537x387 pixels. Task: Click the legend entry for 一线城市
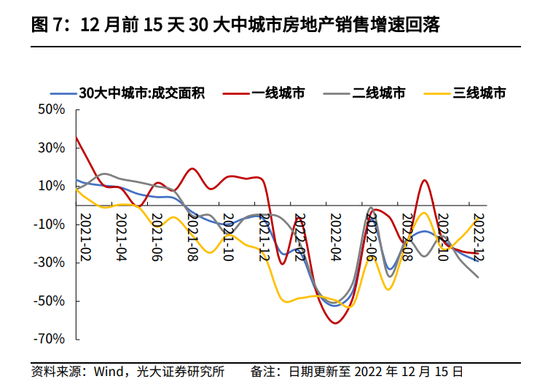coord(264,93)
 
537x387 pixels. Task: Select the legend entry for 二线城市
coord(364,93)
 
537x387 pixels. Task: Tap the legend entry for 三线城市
coord(465,93)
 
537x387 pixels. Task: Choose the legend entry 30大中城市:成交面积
coord(128,93)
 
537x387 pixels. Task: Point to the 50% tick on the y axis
coord(52,110)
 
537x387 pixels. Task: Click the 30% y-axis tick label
coord(52,148)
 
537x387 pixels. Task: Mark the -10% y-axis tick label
coord(50,224)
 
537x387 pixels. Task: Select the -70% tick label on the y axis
coord(50,339)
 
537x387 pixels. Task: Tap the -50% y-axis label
coord(50,301)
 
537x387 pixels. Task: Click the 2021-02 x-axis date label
coord(86,237)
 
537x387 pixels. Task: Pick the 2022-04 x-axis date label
coord(336,237)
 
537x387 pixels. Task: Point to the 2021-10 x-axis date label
coord(229,237)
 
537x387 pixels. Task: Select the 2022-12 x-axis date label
coord(479,237)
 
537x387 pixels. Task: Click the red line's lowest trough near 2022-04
coord(335,323)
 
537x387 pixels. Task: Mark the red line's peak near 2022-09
coord(424,180)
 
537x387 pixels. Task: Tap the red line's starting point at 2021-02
coord(76,136)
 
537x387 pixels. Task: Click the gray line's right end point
coord(478,277)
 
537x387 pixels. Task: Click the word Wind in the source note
coord(109,372)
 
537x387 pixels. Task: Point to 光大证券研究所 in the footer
coord(181,372)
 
